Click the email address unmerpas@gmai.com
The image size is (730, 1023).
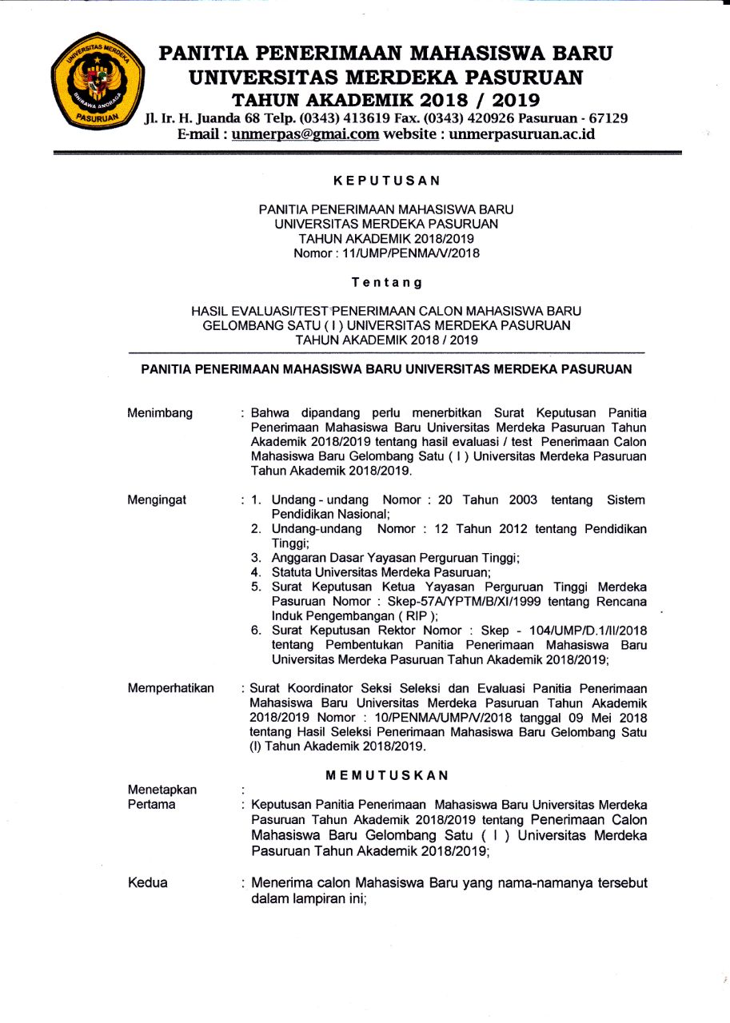click(305, 134)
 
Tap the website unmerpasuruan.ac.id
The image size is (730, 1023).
click(522, 134)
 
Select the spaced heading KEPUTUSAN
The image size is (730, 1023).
click(387, 181)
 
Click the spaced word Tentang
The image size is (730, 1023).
click(387, 282)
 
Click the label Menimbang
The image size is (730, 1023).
click(160, 413)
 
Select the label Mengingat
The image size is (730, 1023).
click(157, 500)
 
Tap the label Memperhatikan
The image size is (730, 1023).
click(170, 688)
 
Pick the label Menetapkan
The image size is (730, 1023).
click(162, 790)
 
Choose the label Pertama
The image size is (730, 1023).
click(151, 805)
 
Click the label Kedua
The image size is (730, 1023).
click(148, 883)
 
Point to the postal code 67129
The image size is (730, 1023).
click(608, 118)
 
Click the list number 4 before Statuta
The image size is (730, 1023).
click(256, 572)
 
